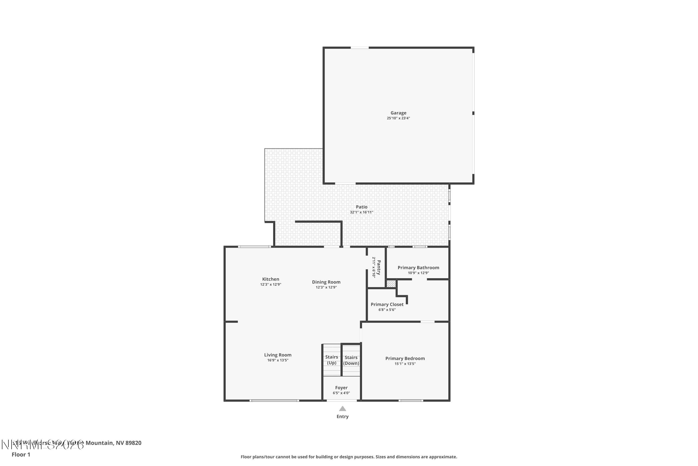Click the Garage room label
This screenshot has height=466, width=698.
tap(398, 113)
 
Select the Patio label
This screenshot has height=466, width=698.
tap(362, 207)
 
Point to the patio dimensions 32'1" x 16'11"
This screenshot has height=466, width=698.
tap(362, 212)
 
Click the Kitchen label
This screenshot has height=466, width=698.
tap(270, 279)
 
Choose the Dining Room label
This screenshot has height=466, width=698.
tap(326, 282)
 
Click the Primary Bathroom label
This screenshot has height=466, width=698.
tap(418, 267)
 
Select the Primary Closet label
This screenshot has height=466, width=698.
tap(387, 304)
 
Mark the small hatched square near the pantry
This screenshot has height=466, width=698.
tap(391, 284)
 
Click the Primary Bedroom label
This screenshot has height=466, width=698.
tap(405, 358)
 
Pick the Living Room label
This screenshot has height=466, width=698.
tap(278, 355)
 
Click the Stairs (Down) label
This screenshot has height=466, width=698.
tap(351, 360)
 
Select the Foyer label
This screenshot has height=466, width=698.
tap(341, 387)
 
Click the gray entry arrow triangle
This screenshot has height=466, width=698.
tap(342, 409)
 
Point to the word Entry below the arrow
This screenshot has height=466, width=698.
tap(342, 416)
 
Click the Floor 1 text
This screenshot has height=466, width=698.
tap(21, 454)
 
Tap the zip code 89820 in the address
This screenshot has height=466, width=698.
tap(133, 443)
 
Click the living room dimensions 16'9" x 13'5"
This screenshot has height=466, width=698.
tap(278, 360)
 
